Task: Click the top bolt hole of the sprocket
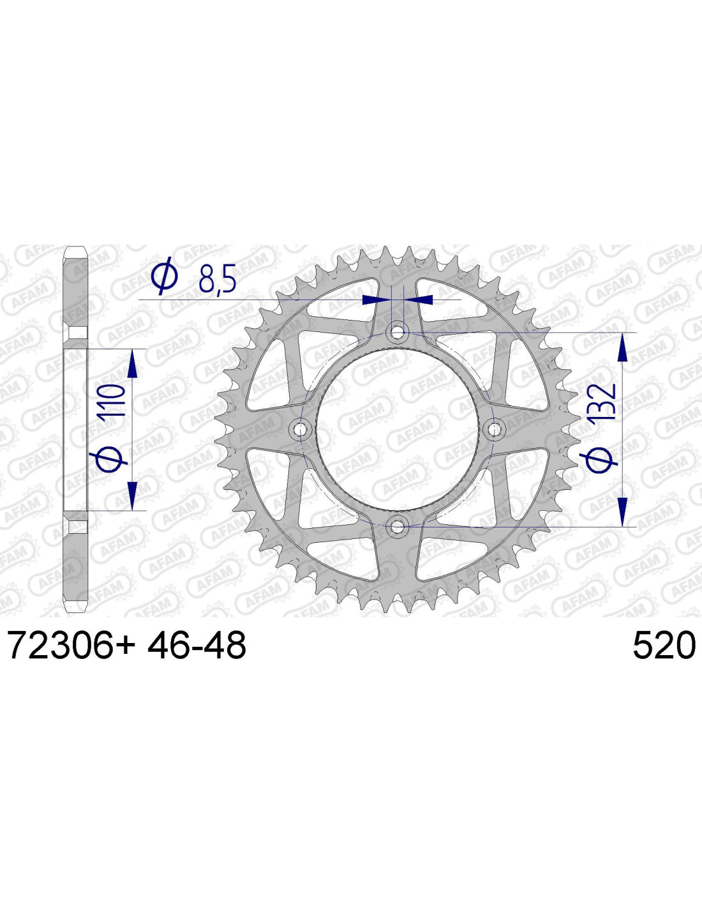pyautogui.click(x=398, y=333)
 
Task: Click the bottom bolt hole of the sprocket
pyautogui.click(x=398, y=526)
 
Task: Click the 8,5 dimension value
pyautogui.click(x=217, y=278)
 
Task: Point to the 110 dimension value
pyautogui.click(x=112, y=400)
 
